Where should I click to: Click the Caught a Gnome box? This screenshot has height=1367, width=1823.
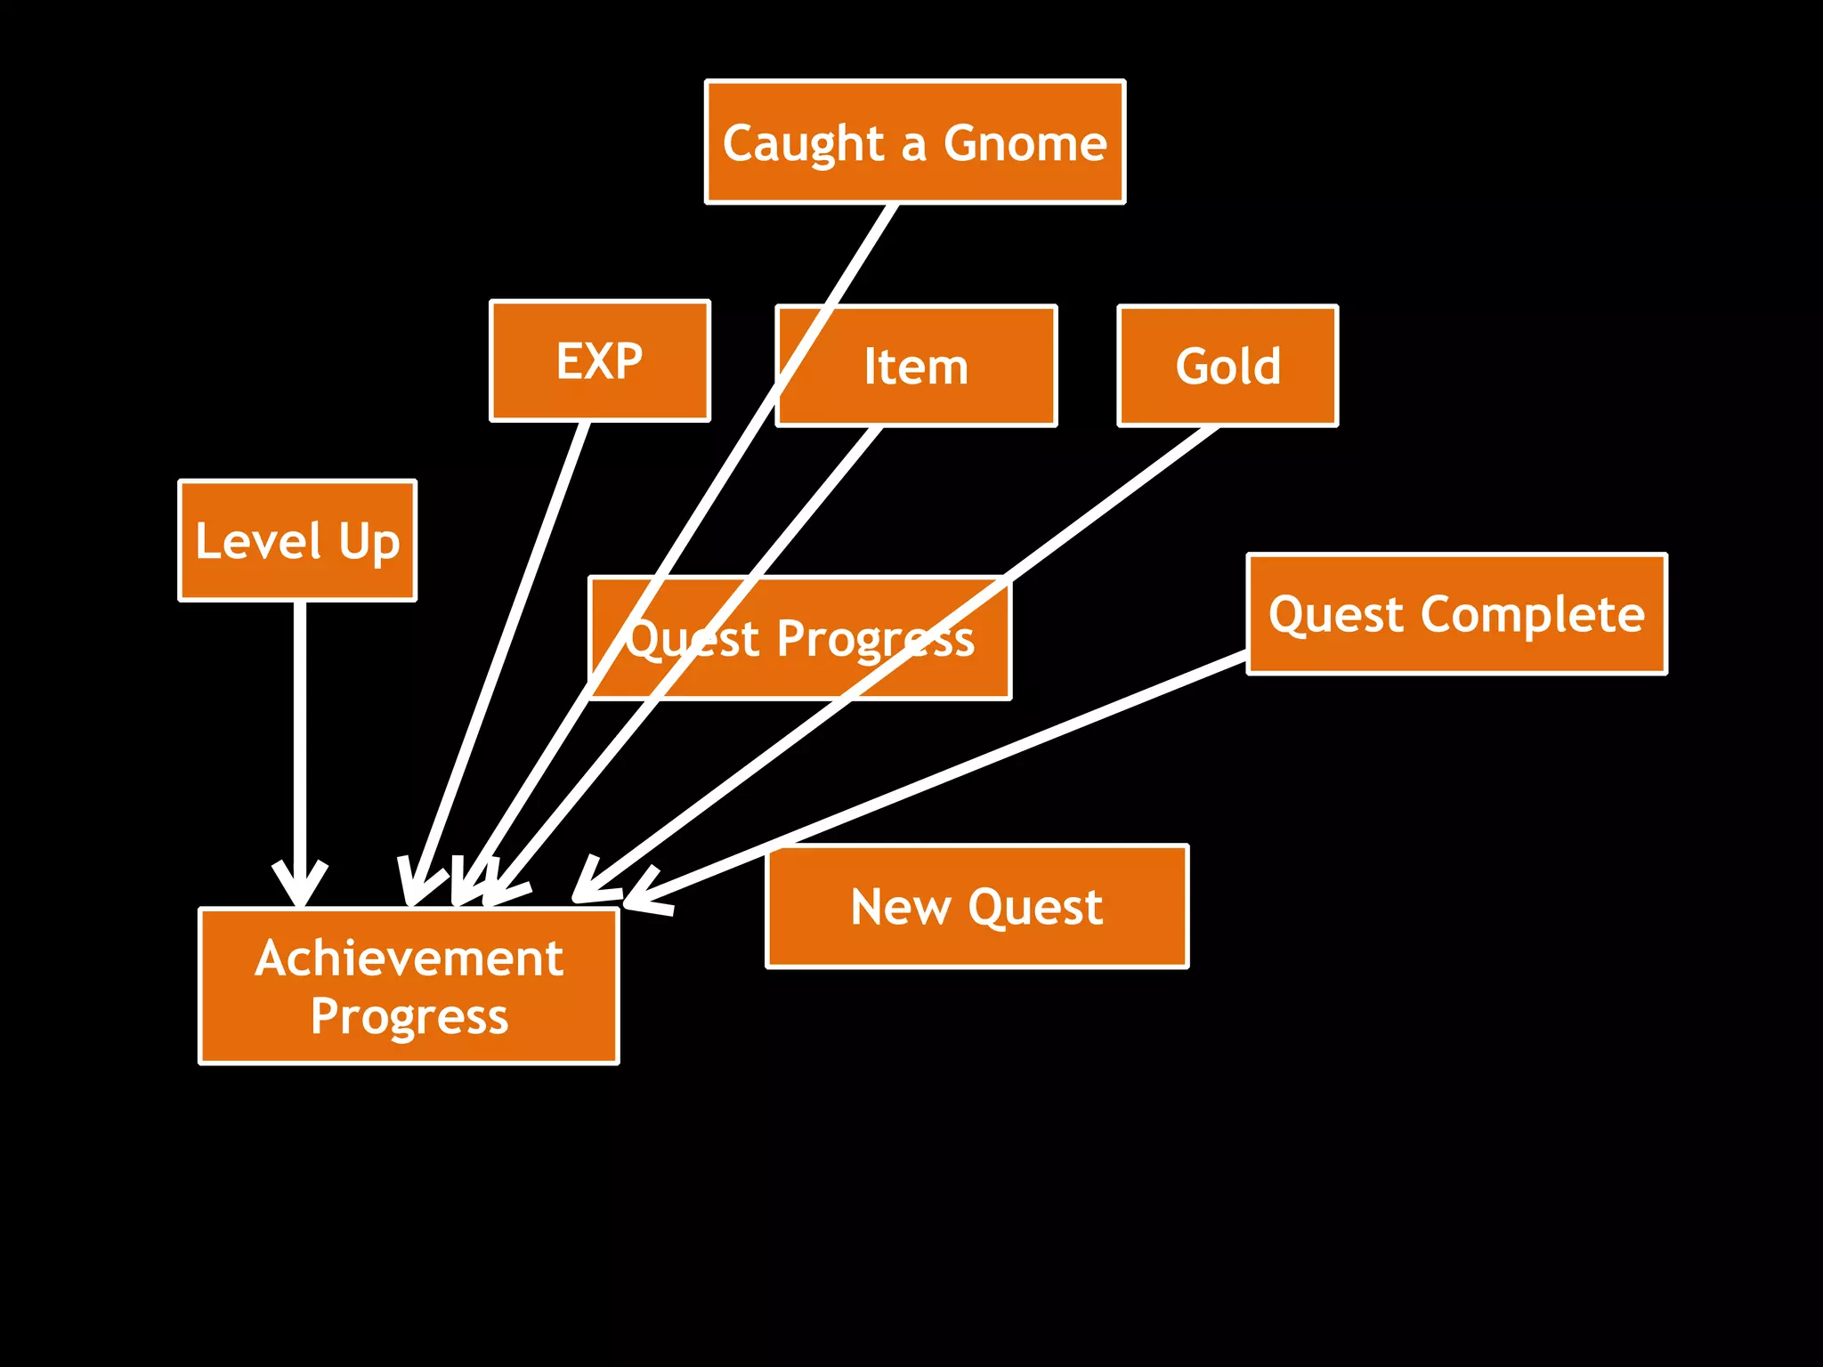pos(915,142)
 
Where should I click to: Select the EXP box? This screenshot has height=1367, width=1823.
pos(599,360)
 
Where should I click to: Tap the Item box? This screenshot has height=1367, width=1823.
pos(916,367)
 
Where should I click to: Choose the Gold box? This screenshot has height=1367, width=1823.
pos(1227,366)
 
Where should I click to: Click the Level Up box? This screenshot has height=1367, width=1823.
pos(297,541)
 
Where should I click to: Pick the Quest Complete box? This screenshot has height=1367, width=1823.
pos(1456,614)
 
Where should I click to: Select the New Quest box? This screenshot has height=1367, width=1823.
pos(976,906)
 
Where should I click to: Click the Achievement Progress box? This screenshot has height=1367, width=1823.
pos(409,986)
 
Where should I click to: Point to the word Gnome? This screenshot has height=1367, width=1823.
pos(1025,142)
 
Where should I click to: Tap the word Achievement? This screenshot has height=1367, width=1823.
pos(409,959)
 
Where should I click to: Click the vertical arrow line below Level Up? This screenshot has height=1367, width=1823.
pos(300,730)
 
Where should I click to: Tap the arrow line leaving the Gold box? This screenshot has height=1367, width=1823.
pos(1113,507)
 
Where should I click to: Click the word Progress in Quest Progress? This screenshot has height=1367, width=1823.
pos(875,639)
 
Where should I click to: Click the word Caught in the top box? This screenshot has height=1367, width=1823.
pos(804,143)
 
